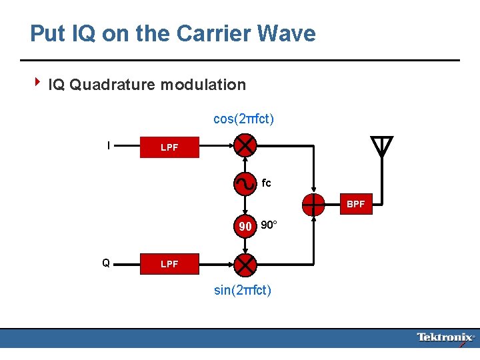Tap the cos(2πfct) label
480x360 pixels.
coord(243,119)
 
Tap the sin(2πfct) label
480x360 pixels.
coord(243,291)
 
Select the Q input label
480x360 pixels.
coord(106,263)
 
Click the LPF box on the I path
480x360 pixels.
coord(169,147)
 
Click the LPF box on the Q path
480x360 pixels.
coord(169,264)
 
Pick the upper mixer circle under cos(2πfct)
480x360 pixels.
coord(246,145)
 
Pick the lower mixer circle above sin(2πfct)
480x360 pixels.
coord(246,264)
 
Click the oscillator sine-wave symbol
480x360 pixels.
coord(245,182)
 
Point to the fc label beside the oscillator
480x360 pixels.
coord(267,183)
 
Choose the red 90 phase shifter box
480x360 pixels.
coord(245,226)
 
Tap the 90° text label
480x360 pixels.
coord(268,225)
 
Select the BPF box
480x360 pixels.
coord(355,205)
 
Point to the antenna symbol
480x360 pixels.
coord(381,146)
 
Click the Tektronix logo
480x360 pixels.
coord(445,338)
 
